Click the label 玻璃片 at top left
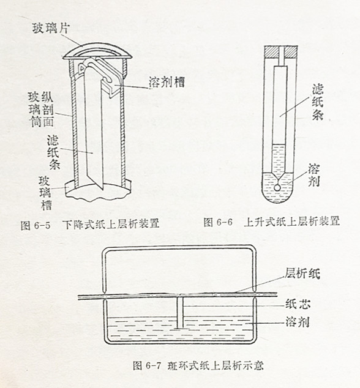coord(51,28)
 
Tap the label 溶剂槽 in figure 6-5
coord(167,82)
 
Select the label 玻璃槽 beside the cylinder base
coord(45,193)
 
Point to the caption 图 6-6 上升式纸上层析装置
coord(271,222)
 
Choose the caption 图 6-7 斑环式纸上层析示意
coord(198,365)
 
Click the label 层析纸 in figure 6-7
coord(302,274)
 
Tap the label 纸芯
coord(298,304)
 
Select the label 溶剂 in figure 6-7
coord(298,322)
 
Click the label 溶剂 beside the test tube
coord(314,175)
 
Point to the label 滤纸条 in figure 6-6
coord(318,102)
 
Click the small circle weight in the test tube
coord(277,188)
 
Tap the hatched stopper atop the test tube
coord(281,52)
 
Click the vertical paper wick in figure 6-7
coord(181,313)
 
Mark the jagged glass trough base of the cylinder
coord(98,191)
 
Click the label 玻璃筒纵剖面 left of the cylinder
coord(41,110)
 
